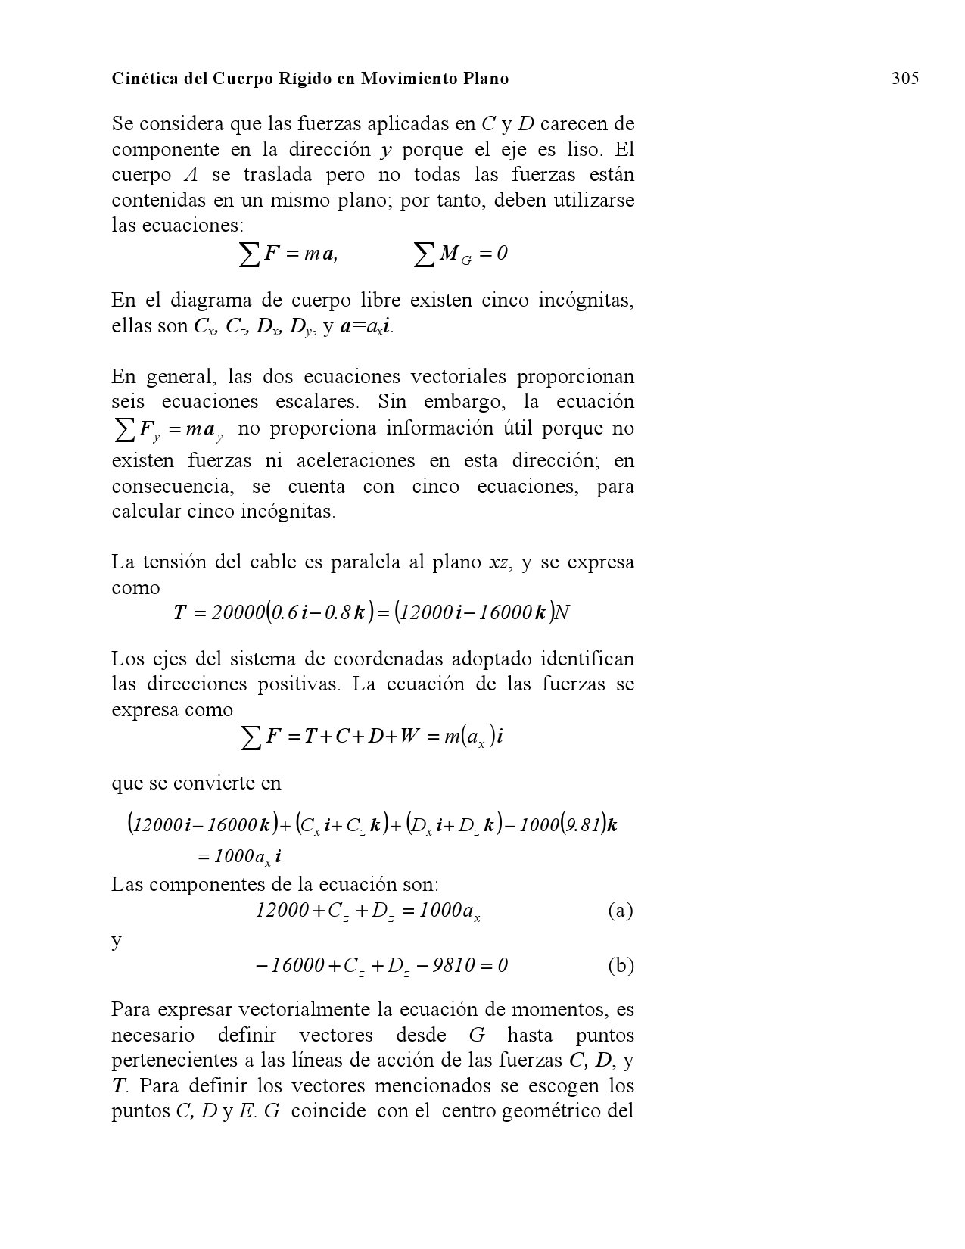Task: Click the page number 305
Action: [x=904, y=79]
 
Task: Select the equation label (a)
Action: [x=620, y=911]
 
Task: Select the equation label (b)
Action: [x=620, y=966]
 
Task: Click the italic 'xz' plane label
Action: [x=499, y=563]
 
